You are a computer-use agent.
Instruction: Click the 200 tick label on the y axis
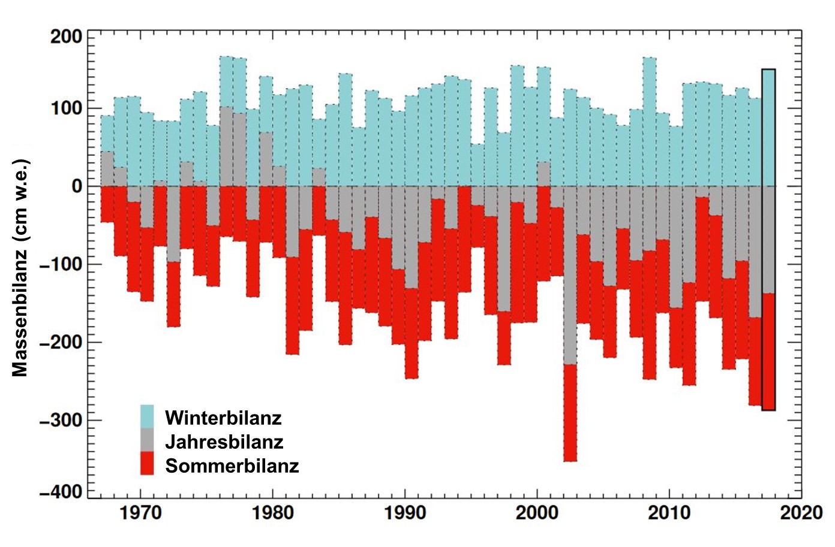(66, 37)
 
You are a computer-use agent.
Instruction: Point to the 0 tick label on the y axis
(77, 186)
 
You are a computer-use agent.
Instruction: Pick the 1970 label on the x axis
(140, 513)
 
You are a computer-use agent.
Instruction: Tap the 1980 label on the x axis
(273, 513)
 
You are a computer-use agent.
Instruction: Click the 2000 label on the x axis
(537, 513)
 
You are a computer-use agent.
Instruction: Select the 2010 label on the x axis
(669, 513)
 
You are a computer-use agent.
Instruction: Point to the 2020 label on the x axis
(801, 513)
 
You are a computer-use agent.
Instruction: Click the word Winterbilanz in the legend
(223, 418)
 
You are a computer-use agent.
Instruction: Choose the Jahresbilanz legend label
(224, 442)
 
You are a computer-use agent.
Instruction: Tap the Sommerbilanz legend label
(232, 466)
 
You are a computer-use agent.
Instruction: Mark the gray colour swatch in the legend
(147, 440)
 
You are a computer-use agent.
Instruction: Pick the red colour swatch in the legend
(147, 464)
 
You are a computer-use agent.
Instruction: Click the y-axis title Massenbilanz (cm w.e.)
(20, 267)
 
